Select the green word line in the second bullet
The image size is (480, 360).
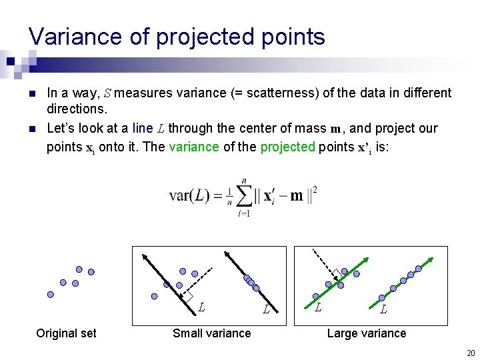tap(143, 128)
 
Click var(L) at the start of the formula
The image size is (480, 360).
tap(190, 196)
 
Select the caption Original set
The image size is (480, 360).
tap(66, 333)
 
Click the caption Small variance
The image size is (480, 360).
tap(211, 333)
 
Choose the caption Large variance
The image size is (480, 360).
tap(366, 333)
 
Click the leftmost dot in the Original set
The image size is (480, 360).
tap(50, 294)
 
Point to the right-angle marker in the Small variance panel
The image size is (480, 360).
tap(189, 297)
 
